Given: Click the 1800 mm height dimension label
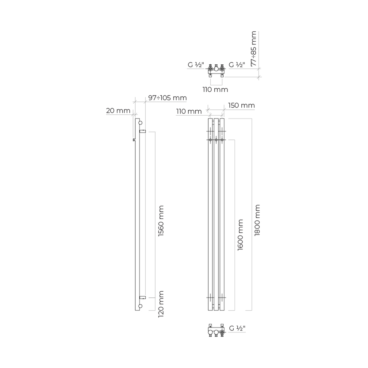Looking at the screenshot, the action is pos(257,220).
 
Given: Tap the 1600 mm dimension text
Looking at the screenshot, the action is pos(240,235).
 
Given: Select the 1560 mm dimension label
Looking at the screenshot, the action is pos(161,221).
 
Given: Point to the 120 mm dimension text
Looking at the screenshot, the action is pos(161,304).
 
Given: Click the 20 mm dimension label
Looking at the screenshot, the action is pos(118,111).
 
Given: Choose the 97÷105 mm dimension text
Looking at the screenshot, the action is pos(167,98).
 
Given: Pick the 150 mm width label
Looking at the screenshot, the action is pos(241,105).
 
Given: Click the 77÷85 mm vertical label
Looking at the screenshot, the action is pos(254,48).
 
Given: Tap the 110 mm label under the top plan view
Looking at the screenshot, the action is pos(215,90).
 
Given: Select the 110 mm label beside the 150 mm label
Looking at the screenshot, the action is pos(189,111).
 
